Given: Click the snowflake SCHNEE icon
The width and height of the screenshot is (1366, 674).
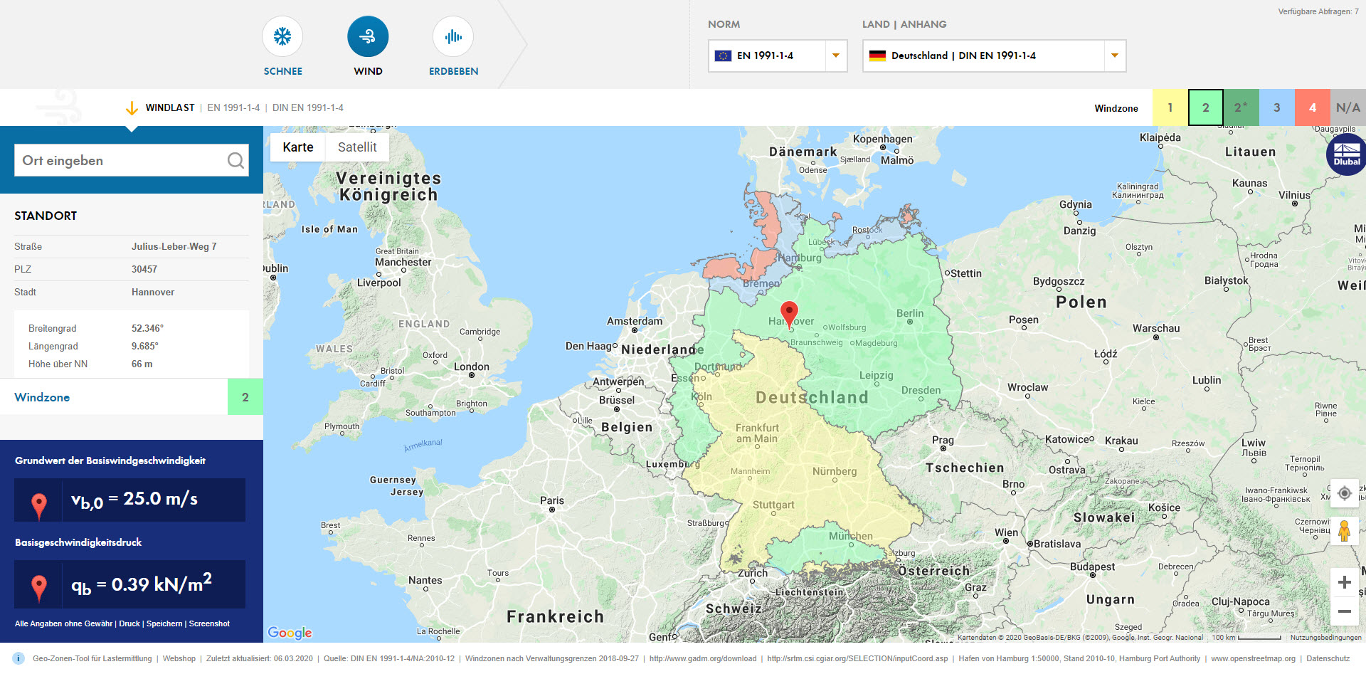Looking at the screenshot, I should click(x=282, y=37).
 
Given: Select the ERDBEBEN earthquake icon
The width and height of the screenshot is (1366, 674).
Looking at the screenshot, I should click(x=453, y=37).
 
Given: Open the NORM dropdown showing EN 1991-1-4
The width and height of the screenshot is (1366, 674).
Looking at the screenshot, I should click(x=778, y=56).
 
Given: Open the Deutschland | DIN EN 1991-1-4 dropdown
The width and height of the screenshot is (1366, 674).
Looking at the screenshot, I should click(x=994, y=56).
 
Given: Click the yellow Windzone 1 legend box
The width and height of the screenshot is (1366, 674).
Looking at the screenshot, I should click(x=1170, y=107).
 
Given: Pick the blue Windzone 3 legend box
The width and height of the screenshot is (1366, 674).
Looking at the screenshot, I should click(x=1276, y=107).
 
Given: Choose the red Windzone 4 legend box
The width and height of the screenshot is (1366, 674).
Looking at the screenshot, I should click(x=1312, y=107).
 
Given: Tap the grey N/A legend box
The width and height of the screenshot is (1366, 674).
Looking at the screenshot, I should click(x=1348, y=107).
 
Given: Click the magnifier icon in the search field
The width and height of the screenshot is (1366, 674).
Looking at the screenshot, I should click(x=235, y=161).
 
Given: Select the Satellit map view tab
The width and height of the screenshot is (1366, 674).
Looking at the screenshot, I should click(x=357, y=147).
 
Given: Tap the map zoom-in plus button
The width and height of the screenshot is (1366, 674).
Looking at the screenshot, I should click(x=1344, y=582).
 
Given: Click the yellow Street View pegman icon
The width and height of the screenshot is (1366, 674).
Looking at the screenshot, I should click(x=1344, y=531).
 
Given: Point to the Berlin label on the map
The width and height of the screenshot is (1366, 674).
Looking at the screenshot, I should click(x=910, y=313).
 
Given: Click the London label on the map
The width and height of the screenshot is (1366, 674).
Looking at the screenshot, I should click(x=472, y=367).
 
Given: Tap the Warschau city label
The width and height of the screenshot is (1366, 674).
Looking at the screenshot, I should click(x=1156, y=328).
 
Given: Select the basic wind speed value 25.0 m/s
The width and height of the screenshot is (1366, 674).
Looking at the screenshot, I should click(x=161, y=499).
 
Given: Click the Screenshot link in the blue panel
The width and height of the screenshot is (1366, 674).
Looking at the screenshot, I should click(x=209, y=623).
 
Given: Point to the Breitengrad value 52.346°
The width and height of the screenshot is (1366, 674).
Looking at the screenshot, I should click(x=147, y=328).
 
